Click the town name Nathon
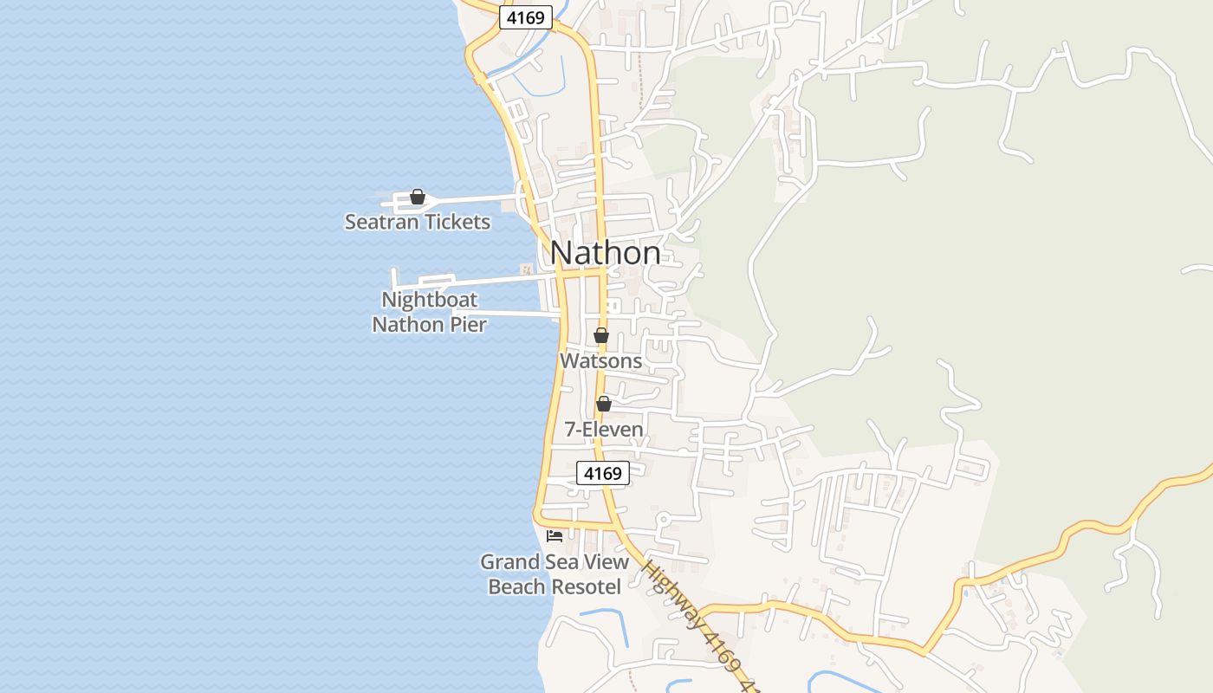(605, 253)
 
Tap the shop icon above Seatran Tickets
(417, 198)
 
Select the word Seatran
(379, 222)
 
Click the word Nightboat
(429, 301)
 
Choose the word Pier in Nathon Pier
(469, 325)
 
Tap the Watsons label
(601, 360)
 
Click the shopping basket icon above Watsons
(601, 335)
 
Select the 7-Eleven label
(604, 429)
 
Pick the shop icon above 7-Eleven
(604, 404)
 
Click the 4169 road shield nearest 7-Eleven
(603, 473)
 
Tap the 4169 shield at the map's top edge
(525, 17)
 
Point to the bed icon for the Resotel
(555, 535)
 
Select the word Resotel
(586, 586)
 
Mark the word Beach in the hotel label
(516, 586)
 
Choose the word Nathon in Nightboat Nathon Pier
(403, 325)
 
